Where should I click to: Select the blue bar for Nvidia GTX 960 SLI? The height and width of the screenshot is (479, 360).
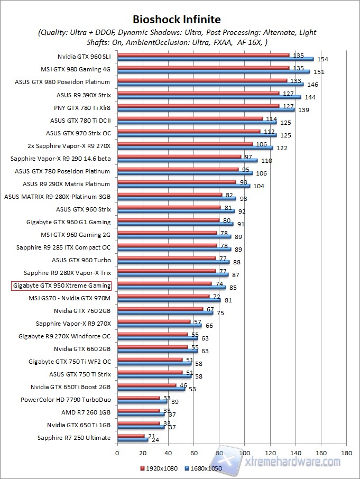coord(215,59)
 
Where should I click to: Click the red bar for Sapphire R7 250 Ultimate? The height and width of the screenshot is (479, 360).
coord(124,436)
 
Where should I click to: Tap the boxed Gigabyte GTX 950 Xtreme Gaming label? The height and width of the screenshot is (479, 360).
coord(61,285)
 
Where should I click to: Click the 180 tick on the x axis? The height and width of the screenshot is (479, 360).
coord(347,453)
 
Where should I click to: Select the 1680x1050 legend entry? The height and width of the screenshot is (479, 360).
coord(204,468)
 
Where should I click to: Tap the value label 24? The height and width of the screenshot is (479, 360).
coord(155,440)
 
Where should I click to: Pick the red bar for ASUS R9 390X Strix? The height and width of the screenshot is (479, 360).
coord(198,93)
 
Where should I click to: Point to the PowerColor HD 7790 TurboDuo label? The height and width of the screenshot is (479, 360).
coord(66,400)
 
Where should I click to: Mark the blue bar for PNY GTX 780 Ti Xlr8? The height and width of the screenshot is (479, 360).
coord(206,110)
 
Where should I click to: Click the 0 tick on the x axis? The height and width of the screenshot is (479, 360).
coord(117,453)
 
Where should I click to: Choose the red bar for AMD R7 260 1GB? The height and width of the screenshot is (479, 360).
coord(139,410)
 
